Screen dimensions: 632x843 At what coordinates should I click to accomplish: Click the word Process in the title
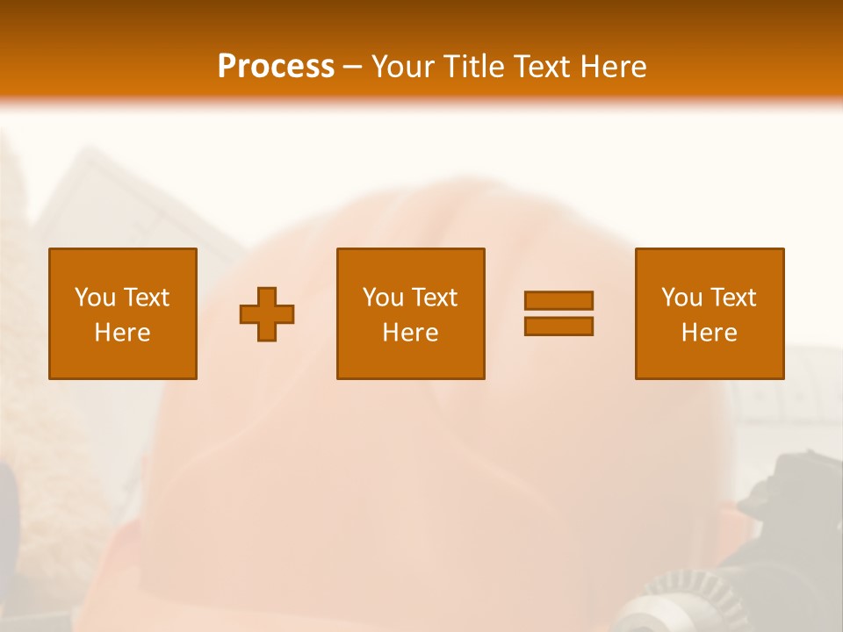point(276,67)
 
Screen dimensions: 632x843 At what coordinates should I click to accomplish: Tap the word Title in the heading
point(473,67)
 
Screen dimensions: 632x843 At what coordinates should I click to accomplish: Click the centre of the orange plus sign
point(267,314)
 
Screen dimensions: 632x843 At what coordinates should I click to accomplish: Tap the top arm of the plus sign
point(267,296)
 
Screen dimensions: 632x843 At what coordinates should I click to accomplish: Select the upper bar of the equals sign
point(558,300)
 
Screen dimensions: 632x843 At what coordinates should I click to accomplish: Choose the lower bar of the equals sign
point(558,326)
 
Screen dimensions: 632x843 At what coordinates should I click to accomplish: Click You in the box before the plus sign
point(95,298)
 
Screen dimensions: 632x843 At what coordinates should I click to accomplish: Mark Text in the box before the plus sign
point(145,298)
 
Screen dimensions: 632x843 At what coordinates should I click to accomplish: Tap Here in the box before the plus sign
point(122,333)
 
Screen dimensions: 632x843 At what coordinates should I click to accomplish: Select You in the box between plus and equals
point(383,298)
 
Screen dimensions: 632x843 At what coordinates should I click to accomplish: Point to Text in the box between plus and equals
point(433,298)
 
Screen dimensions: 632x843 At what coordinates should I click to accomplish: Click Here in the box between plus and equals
point(410,333)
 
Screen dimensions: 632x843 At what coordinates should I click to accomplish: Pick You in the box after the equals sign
point(681,298)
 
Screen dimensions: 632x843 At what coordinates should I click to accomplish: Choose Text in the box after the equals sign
point(731,298)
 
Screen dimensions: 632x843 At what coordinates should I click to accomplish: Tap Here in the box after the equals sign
point(709,333)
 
